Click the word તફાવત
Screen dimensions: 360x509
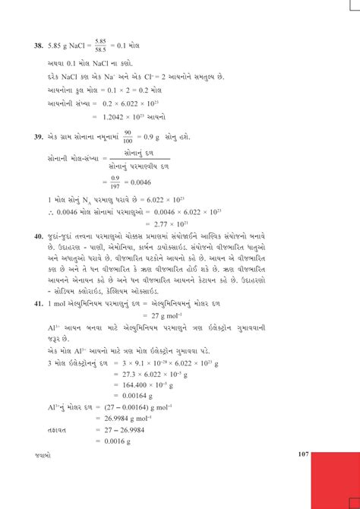tap(58, 430)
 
